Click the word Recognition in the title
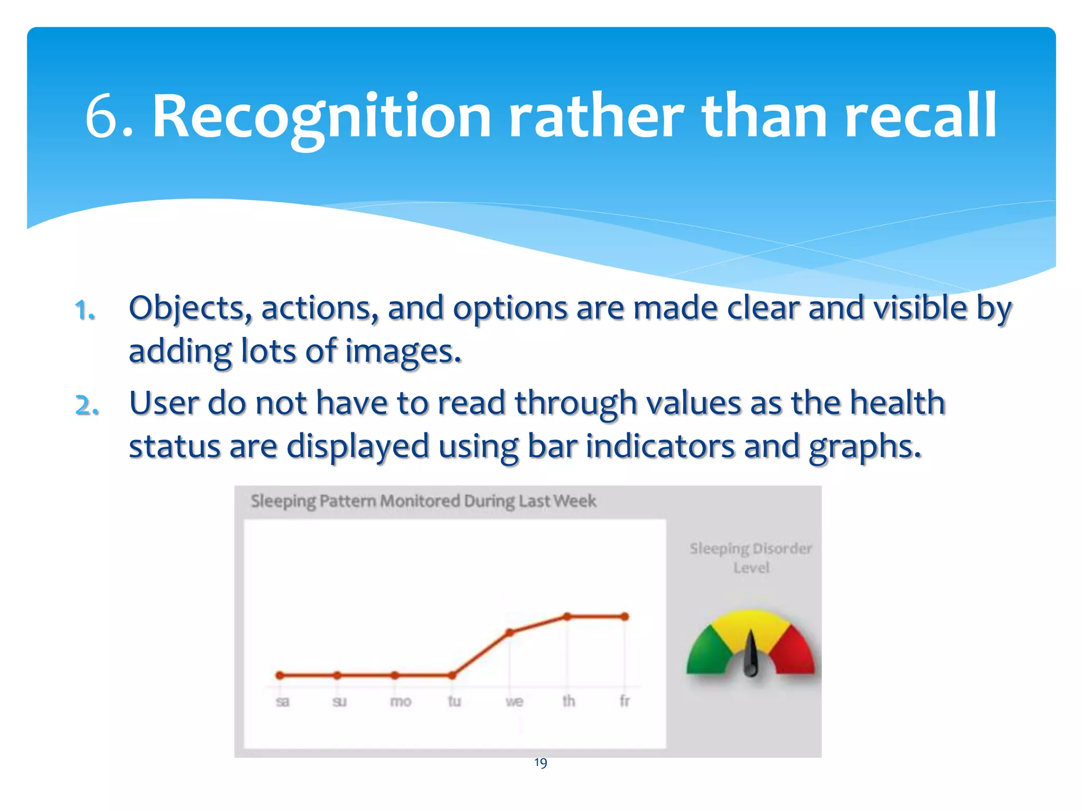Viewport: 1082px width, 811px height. click(x=321, y=116)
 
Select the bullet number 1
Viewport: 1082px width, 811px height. click(x=85, y=309)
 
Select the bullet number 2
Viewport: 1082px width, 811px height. click(x=87, y=405)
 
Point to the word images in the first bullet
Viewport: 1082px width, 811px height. click(x=403, y=352)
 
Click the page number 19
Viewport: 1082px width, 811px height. click(x=540, y=762)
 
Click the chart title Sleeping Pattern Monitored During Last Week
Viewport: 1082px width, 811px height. click(x=423, y=501)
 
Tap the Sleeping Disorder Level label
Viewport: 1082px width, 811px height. click(x=750, y=558)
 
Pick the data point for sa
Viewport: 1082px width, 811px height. click(x=280, y=675)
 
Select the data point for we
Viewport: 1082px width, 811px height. click(x=510, y=632)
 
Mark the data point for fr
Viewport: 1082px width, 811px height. click(x=624, y=616)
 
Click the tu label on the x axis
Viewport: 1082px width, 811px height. click(x=454, y=701)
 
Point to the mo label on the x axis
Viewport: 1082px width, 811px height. click(x=400, y=701)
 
